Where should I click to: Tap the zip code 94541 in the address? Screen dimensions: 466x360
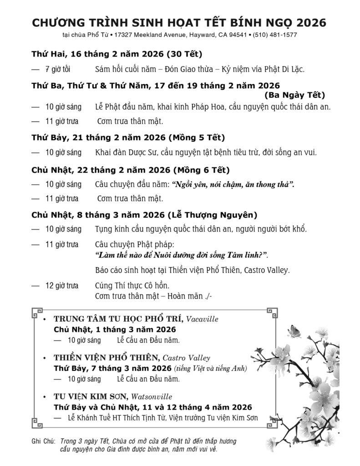click(234, 35)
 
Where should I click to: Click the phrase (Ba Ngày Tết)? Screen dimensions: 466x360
click(294, 95)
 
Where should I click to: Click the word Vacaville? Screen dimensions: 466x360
click(203, 319)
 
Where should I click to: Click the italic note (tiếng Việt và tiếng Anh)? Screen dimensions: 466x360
click(210, 368)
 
